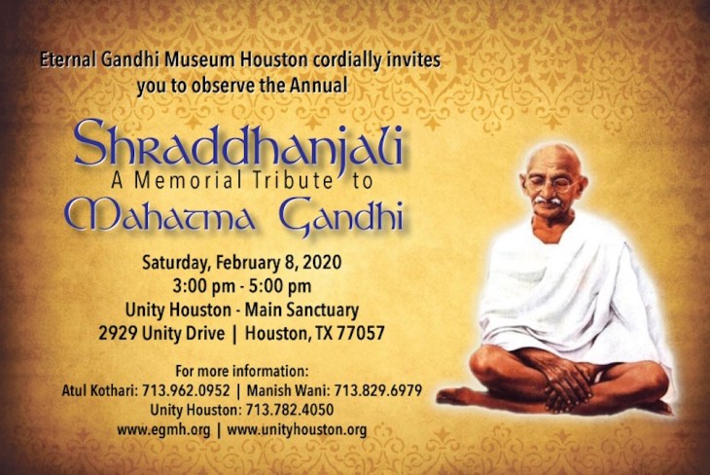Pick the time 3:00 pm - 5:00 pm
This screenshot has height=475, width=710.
pos(240,287)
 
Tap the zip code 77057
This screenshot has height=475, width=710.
pos(363,333)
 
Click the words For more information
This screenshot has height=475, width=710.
pos(241,371)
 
